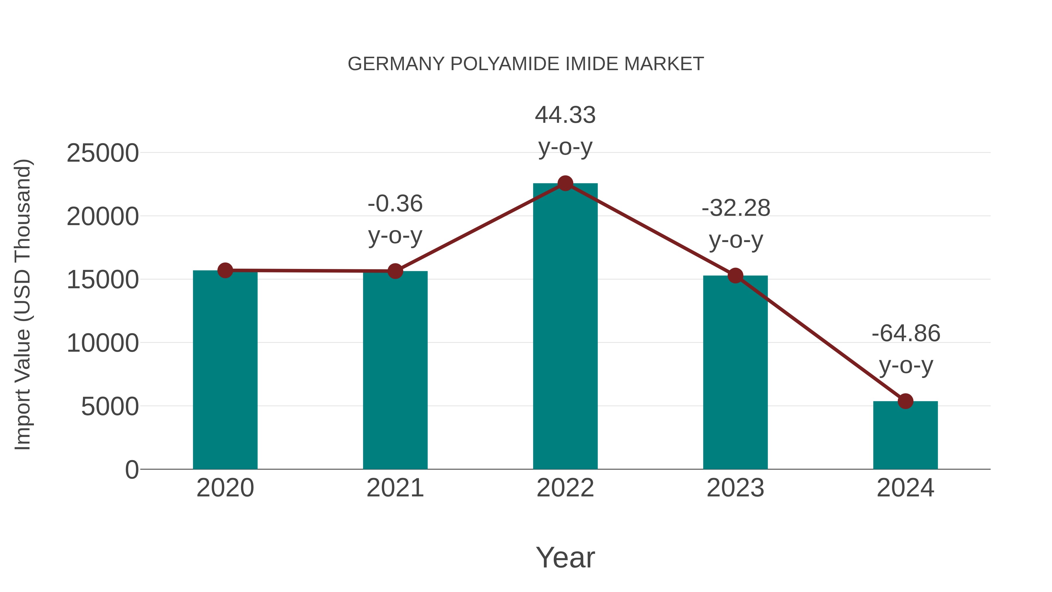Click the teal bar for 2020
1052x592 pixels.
click(x=225, y=370)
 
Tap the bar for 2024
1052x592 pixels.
click(x=905, y=435)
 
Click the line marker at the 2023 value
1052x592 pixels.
click(x=736, y=276)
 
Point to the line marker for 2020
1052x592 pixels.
click(x=225, y=270)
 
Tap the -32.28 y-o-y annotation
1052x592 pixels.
click(x=736, y=224)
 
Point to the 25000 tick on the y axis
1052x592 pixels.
click(x=103, y=153)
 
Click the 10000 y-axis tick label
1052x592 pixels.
click(x=103, y=343)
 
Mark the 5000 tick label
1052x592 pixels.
click(x=110, y=407)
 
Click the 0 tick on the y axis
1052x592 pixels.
click(x=132, y=470)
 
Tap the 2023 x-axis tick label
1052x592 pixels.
click(x=736, y=488)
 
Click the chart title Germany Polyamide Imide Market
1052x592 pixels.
click(x=526, y=64)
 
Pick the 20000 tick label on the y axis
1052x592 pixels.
click(x=103, y=217)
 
